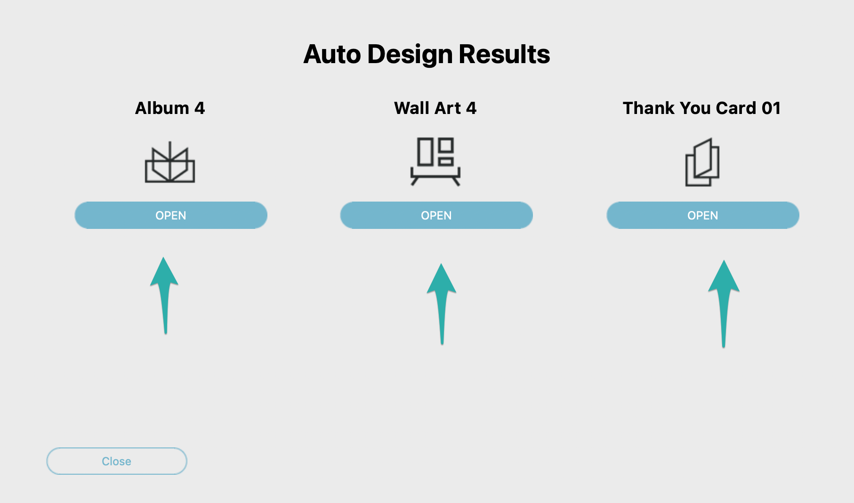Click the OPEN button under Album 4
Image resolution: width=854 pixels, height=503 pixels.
pyautogui.click(x=171, y=215)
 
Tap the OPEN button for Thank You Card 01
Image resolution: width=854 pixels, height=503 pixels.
pyautogui.click(x=703, y=215)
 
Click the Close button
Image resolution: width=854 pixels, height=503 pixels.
pyautogui.click(x=117, y=461)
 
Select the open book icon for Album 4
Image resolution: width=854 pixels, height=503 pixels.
pyautogui.click(x=170, y=162)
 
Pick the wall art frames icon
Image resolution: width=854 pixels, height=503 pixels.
pyautogui.click(x=435, y=162)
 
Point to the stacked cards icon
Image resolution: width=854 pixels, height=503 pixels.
pyautogui.click(x=702, y=162)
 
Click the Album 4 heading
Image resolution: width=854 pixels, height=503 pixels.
pyautogui.click(x=170, y=108)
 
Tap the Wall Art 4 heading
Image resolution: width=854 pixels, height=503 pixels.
pyautogui.click(x=435, y=108)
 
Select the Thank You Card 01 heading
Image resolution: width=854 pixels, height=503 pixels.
pyautogui.click(x=702, y=108)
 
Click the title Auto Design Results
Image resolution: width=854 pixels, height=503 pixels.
pyautogui.click(x=427, y=54)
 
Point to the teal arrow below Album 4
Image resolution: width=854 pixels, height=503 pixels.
pyautogui.click(x=165, y=295)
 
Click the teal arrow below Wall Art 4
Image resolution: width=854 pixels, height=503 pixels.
pyautogui.click(x=442, y=304)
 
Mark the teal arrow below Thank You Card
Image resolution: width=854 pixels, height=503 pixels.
pyautogui.click(x=724, y=304)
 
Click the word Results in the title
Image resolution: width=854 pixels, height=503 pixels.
pyautogui.click(x=504, y=54)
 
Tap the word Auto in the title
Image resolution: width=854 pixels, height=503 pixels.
pyautogui.click(x=332, y=54)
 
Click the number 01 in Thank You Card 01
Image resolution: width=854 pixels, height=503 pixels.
pyautogui.click(x=771, y=108)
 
